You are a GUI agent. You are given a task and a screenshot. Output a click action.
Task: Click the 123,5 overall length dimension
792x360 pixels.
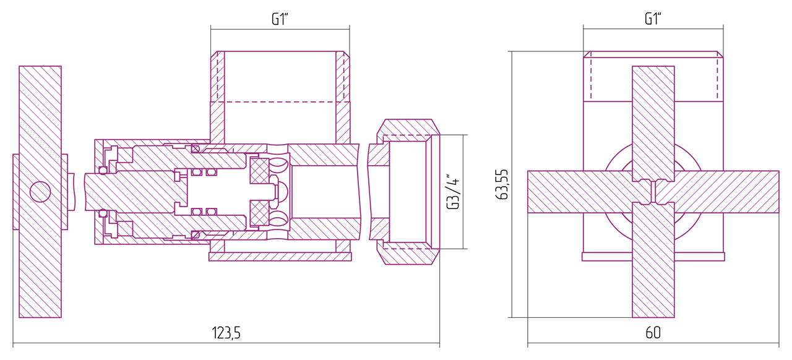(x=226, y=333)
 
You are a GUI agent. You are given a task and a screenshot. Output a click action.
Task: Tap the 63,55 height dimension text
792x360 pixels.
(x=502, y=184)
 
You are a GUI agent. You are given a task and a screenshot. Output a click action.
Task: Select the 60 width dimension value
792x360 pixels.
(x=653, y=333)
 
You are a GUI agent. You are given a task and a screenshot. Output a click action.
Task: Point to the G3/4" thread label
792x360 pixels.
(x=453, y=191)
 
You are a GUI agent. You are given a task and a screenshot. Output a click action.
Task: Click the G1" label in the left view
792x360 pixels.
(x=280, y=19)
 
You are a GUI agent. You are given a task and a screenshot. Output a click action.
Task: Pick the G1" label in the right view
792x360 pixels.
(x=653, y=19)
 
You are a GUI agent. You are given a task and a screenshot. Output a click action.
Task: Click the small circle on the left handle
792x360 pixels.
(x=40, y=192)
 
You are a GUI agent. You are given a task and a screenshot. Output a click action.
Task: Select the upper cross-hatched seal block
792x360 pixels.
(x=259, y=171)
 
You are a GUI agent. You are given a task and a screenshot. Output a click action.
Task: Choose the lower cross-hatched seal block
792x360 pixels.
(x=259, y=213)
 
